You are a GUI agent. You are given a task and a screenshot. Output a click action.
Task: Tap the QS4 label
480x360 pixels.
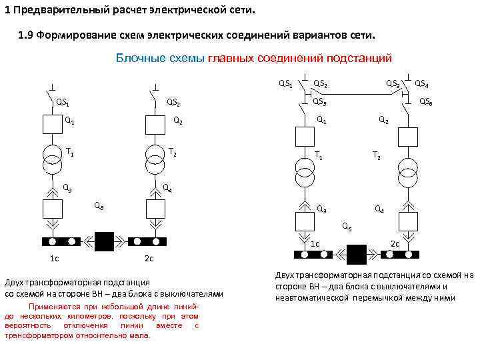pos(421,84)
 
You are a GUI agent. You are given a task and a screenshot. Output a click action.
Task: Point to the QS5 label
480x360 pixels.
pos(319,102)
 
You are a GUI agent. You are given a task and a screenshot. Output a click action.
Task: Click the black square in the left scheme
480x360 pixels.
pos(105,241)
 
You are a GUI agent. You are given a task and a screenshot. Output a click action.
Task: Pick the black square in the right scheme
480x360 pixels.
pos(356,254)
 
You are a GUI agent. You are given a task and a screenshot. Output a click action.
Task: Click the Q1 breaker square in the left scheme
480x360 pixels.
pos(52,124)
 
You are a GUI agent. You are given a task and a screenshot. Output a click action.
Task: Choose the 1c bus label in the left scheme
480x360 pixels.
pos(54,258)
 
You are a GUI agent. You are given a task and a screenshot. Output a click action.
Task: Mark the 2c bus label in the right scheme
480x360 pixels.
pos(395,243)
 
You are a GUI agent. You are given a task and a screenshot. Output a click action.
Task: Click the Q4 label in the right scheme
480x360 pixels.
pos(379,209)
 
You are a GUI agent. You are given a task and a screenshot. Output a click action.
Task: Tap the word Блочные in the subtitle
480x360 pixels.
pos(137,58)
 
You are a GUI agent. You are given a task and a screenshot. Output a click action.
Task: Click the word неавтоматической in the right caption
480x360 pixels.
pos(311,297)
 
